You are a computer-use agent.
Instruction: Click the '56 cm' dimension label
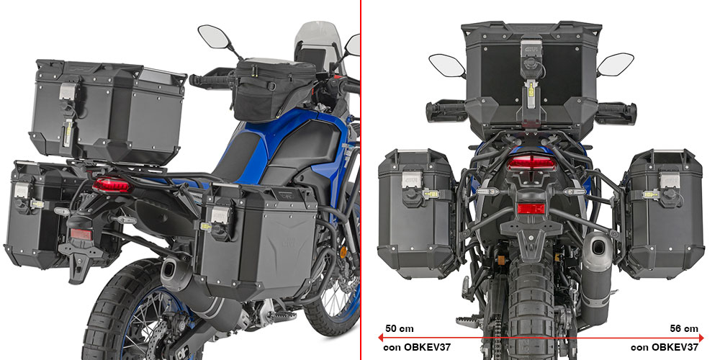pos(683,329)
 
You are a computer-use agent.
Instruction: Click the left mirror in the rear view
pos(448,66)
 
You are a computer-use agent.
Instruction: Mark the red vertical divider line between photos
pos(361,180)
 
